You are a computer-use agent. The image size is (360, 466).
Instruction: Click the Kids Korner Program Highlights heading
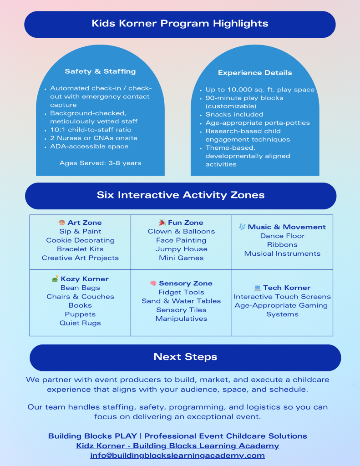180,24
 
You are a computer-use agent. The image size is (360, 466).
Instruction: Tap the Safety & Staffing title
100,71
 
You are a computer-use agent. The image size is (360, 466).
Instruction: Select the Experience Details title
255,73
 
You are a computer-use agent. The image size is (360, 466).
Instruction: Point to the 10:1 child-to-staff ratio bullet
91,130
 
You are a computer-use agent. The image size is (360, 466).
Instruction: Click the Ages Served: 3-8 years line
100,163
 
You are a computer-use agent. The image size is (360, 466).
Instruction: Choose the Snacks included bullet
234,115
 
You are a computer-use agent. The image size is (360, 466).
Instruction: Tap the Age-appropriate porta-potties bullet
258,123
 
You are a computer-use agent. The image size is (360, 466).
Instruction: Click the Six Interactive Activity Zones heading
180,195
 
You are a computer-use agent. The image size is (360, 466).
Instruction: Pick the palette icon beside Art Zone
62,223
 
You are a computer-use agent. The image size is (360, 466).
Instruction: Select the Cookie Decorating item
80,240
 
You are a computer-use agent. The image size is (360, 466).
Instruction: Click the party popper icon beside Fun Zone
162,223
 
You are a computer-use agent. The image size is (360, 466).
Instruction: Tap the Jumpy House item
181,249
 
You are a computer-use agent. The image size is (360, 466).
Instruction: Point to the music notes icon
242,227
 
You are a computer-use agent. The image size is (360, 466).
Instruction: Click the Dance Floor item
282,236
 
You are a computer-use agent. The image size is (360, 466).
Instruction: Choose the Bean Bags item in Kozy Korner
80,288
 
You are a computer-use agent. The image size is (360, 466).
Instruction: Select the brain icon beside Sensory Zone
153,284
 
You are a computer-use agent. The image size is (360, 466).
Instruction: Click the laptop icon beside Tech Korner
258,288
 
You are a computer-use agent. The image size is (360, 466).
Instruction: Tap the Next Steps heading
185,357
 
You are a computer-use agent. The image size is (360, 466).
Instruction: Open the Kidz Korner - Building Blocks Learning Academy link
177,446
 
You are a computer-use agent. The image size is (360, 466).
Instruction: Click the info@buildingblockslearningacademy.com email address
177,456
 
